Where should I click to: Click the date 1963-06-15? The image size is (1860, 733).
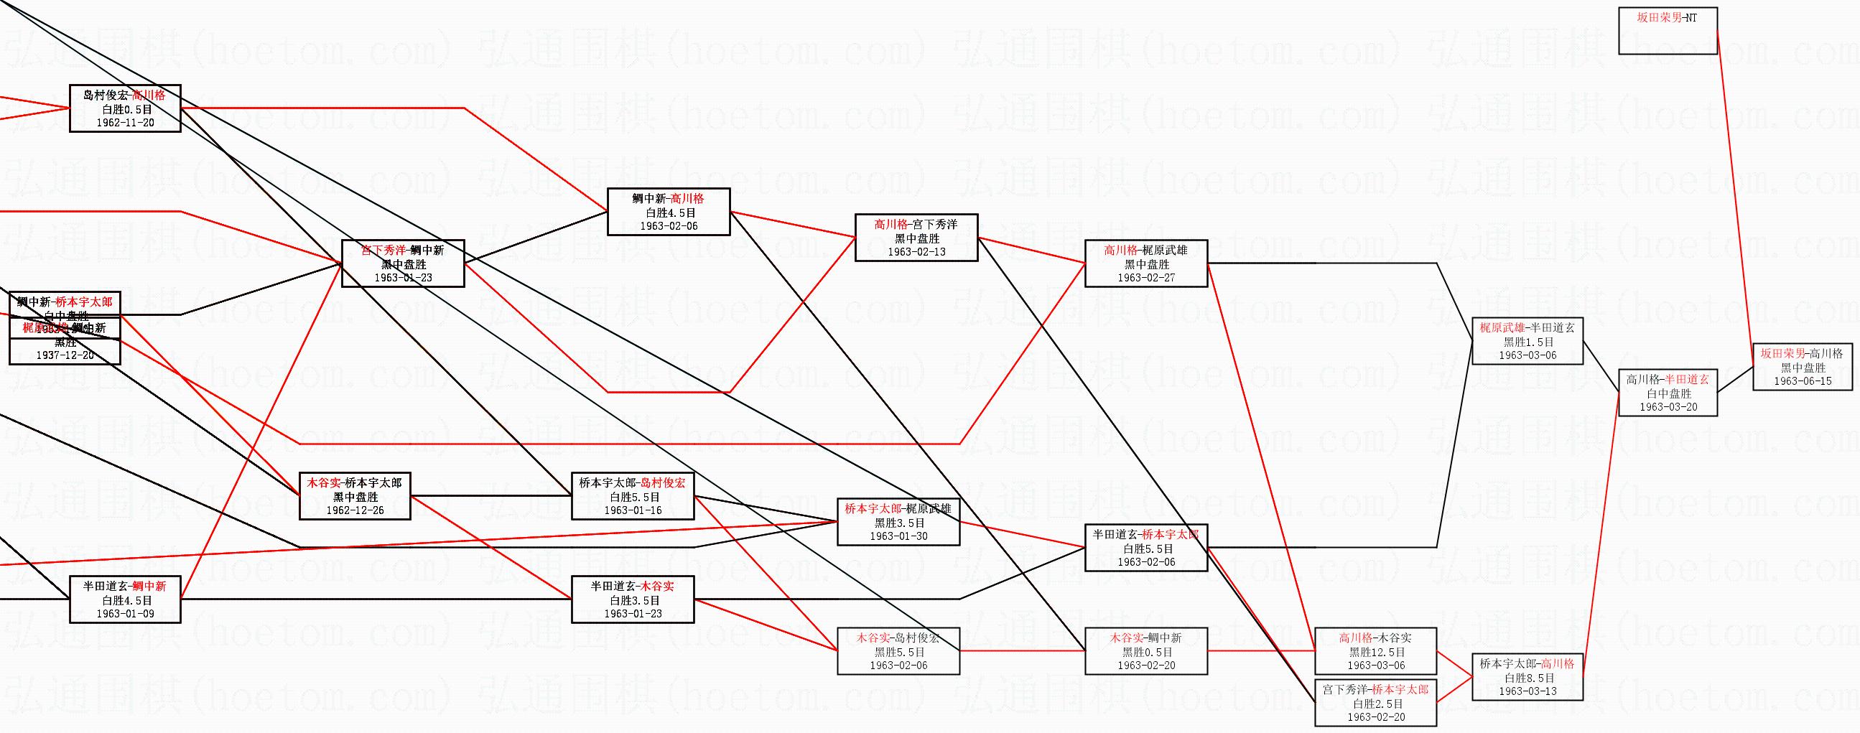1803,380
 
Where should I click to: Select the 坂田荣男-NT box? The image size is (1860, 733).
1668,30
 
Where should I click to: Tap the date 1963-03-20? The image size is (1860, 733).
1668,406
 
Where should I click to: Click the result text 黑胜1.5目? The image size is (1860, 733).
1527,342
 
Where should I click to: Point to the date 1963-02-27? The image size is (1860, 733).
1146,277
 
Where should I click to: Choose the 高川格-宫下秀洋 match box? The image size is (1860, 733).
916,238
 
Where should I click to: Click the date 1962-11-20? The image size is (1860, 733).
125,123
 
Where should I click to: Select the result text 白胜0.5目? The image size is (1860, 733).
125,109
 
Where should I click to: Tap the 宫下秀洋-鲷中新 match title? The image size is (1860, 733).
402,250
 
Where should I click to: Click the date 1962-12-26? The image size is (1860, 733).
355,510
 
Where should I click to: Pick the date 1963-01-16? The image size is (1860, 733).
633,510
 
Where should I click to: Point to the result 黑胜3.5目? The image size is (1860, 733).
898,522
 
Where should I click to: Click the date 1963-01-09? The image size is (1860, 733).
125,614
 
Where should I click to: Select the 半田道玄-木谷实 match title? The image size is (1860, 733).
633,587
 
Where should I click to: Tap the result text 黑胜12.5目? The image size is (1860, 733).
1375,651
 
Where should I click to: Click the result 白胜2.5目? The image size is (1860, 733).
1375,704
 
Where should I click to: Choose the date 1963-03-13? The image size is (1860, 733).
1527,691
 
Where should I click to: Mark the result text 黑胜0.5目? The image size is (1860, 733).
1146,651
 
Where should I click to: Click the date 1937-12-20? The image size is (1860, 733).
65,355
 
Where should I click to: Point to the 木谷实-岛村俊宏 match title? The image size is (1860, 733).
898,638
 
